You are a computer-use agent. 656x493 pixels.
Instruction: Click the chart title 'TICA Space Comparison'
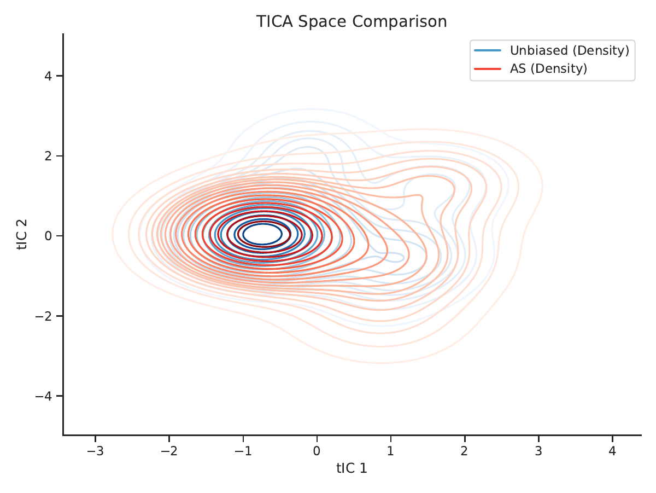pyautogui.click(x=352, y=21)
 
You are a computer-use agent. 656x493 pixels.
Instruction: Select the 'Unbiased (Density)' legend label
pyautogui.click(x=570, y=50)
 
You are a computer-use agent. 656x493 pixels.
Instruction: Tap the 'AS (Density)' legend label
pyautogui.click(x=548, y=68)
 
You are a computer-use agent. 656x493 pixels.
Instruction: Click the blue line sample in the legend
pyautogui.click(x=488, y=50)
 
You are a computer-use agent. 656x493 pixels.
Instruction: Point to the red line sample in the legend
pyautogui.click(x=488, y=69)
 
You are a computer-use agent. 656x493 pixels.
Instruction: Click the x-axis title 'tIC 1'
pyautogui.click(x=352, y=468)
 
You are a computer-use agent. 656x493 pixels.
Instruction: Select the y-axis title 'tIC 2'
pyautogui.click(x=22, y=235)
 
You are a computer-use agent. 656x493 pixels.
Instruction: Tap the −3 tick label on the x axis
pyautogui.click(x=95, y=451)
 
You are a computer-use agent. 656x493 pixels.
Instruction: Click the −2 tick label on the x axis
pyautogui.click(x=169, y=451)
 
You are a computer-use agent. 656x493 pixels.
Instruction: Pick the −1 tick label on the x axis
pyautogui.click(x=243, y=451)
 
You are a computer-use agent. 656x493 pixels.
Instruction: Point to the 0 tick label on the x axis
pyautogui.click(x=317, y=451)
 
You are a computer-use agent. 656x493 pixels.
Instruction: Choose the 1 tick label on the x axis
pyautogui.click(x=391, y=451)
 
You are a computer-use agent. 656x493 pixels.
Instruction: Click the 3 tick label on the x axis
pyautogui.click(x=538, y=451)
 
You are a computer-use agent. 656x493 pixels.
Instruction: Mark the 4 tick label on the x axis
pyautogui.click(x=612, y=451)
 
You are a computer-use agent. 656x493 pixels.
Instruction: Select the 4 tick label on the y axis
pyautogui.click(x=48, y=76)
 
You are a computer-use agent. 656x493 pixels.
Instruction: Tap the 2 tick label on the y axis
pyautogui.click(x=48, y=156)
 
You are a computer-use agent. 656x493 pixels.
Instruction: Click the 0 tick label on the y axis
pyautogui.click(x=48, y=236)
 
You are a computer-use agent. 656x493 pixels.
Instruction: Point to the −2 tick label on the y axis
pyautogui.click(x=44, y=316)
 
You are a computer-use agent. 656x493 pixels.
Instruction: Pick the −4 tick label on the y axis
pyautogui.click(x=44, y=396)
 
